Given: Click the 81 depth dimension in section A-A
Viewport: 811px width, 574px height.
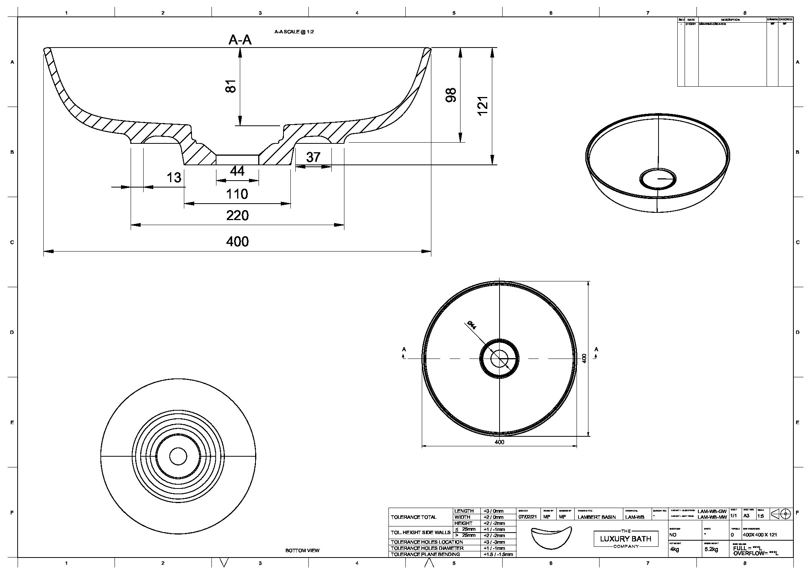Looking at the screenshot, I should pos(230,86).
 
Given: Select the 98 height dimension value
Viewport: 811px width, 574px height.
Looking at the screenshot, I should pos(451,95).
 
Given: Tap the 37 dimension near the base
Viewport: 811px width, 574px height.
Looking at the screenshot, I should pos(313,157).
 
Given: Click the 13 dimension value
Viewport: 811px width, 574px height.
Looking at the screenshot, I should pos(174,178).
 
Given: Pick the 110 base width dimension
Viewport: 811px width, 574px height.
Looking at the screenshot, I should pos(237,194).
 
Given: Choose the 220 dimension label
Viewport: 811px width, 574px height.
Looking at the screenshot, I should pos(237,215).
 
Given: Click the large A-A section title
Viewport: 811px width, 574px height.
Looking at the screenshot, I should pos(240,39).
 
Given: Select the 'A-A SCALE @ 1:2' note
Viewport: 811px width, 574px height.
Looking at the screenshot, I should pos(294,32).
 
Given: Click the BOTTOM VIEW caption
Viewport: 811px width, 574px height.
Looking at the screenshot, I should pos(302,551).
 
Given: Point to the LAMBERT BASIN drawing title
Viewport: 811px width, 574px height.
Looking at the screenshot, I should pos(596,517).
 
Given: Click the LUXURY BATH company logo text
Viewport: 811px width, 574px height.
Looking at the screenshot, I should pos(625,539).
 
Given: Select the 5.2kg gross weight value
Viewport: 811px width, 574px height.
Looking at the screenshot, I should pos(711,549).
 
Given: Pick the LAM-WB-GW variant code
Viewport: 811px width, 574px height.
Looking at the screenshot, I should pos(712,511).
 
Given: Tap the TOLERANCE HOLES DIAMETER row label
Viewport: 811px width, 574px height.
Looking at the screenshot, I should pos(427,548).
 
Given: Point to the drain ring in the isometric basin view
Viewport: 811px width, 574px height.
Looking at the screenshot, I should pos(658,179).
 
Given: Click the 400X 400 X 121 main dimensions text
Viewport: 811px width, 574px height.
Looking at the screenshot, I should pos(760,535).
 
